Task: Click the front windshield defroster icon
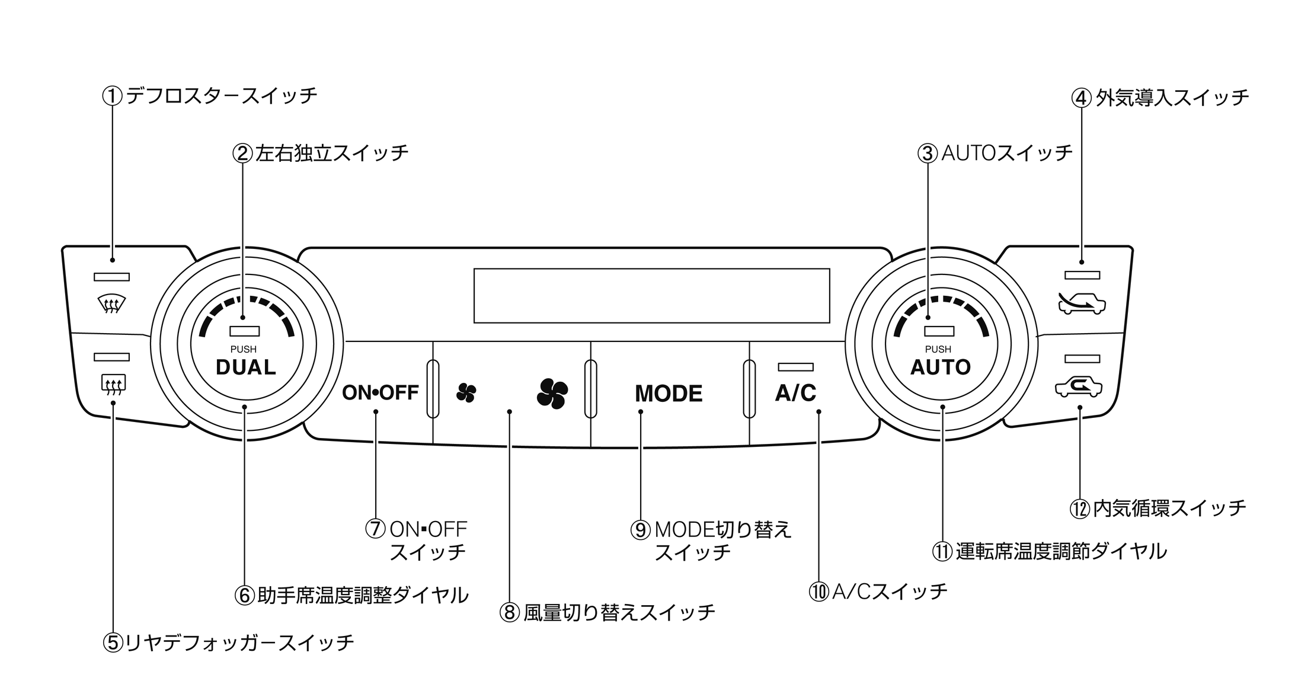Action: [111, 305]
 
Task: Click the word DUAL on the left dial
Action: [245, 367]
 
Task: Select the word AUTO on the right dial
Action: [940, 367]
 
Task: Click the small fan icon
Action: [466, 392]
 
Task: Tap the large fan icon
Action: [552, 393]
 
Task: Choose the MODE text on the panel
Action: [669, 394]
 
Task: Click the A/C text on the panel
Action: [795, 392]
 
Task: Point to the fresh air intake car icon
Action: [1082, 303]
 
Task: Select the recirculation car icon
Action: [1079, 388]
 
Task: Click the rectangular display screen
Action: [651, 296]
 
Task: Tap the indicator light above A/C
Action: [795, 367]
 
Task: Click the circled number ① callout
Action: [112, 95]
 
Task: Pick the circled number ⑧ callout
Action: [509, 612]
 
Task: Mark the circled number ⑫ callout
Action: [1079, 509]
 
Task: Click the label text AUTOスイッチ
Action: [1007, 153]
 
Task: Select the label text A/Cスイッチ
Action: [890, 591]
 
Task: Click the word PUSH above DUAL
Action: [243, 349]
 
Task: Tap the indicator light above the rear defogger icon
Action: [111, 357]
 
